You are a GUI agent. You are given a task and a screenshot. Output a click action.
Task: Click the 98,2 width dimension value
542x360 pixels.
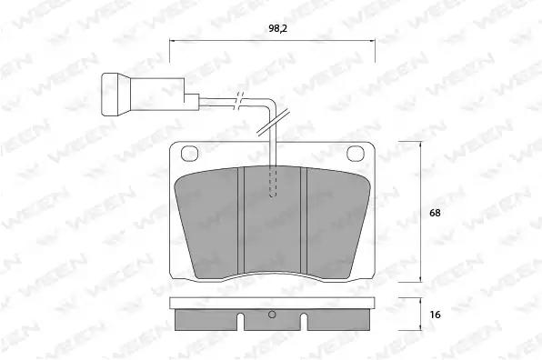(277, 29)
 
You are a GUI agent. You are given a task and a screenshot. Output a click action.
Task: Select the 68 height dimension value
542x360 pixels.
(435, 213)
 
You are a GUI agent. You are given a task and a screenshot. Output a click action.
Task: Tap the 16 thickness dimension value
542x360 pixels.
(436, 315)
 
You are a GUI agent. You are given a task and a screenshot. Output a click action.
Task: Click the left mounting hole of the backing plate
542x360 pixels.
(189, 153)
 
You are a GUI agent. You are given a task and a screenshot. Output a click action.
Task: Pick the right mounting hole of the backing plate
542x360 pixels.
(356, 153)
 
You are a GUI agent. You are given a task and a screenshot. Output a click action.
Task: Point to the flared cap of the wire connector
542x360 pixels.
(112, 95)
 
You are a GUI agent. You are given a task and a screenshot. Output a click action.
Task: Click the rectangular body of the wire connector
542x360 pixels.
(157, 94)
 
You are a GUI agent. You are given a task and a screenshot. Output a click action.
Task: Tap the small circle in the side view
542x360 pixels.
(272, 315)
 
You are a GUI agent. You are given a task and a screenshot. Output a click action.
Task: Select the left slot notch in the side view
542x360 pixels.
(241, 321)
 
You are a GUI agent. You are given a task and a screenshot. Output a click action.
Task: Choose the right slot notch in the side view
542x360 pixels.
(304, 321)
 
